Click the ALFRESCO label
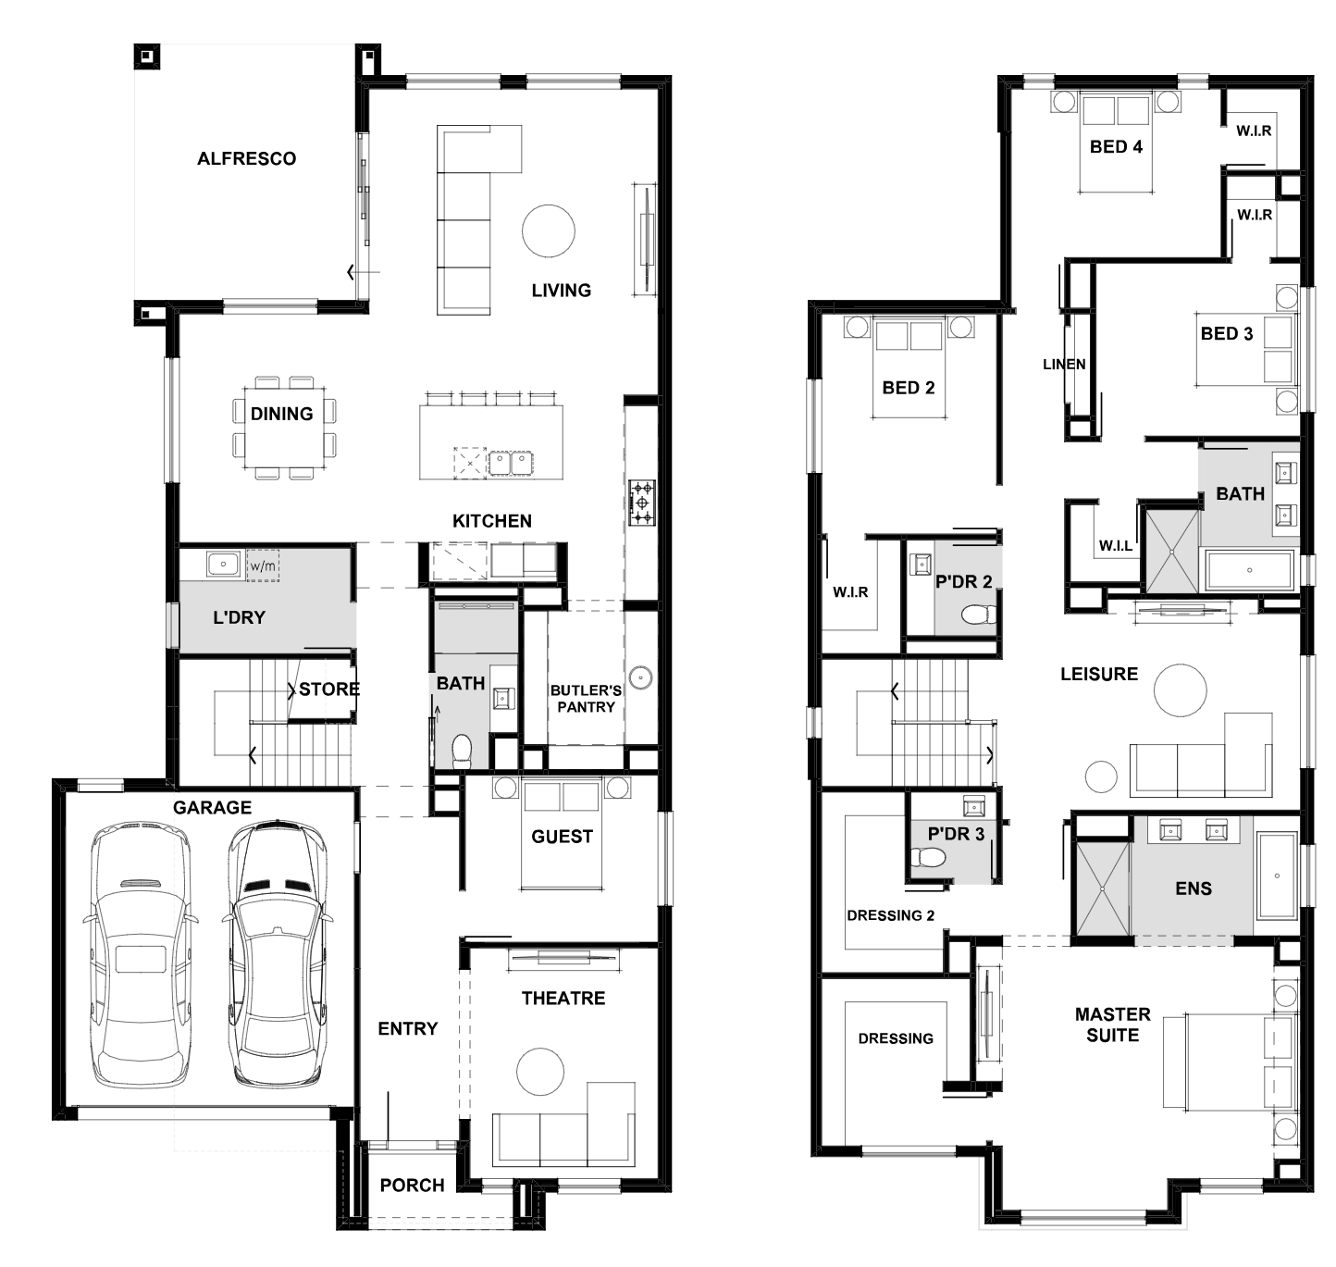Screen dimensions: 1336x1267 (247, 159)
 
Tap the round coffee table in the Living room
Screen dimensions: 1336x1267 (549, 231)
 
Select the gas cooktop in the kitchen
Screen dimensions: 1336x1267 (642, 503)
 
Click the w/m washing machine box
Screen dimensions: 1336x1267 (263, 565)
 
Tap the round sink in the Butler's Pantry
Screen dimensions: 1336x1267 (641, 677)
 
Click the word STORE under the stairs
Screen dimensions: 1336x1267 (328, 689)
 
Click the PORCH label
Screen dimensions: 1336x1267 (412, 1186)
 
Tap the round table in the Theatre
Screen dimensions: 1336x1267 (540, 1071)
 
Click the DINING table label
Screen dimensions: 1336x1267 (282, 414)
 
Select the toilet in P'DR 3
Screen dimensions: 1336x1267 (928, 858)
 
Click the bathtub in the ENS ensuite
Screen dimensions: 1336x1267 (1277, 876)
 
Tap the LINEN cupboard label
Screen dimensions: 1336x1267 (1064, 365)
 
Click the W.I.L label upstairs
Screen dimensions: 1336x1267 (1116, 546)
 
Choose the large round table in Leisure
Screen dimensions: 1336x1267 (1181, 689)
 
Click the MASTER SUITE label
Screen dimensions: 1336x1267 (1112, 1025)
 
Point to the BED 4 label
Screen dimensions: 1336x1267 (1116, 147)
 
